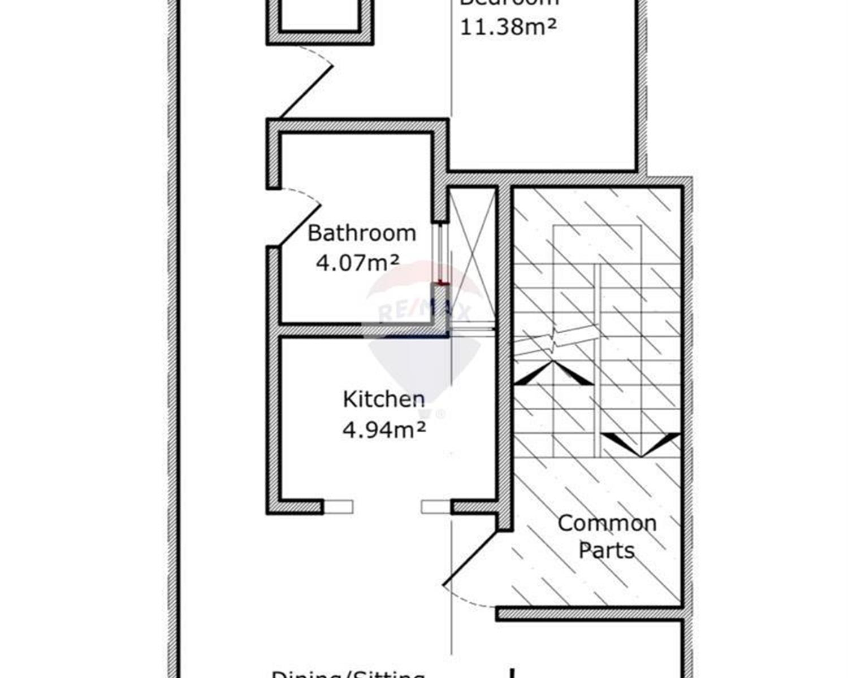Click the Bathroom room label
[x=362, y=233]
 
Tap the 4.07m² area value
[x=357, y=263]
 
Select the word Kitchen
[x=384, y=399]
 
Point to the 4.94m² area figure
[x=384, y=430]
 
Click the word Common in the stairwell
[x=607, y=523]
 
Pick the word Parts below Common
[x=607, y=550]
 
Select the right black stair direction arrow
[x=641, y=444]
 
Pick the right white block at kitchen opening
[x=436, y=507]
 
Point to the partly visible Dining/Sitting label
[x=348, y=673]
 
